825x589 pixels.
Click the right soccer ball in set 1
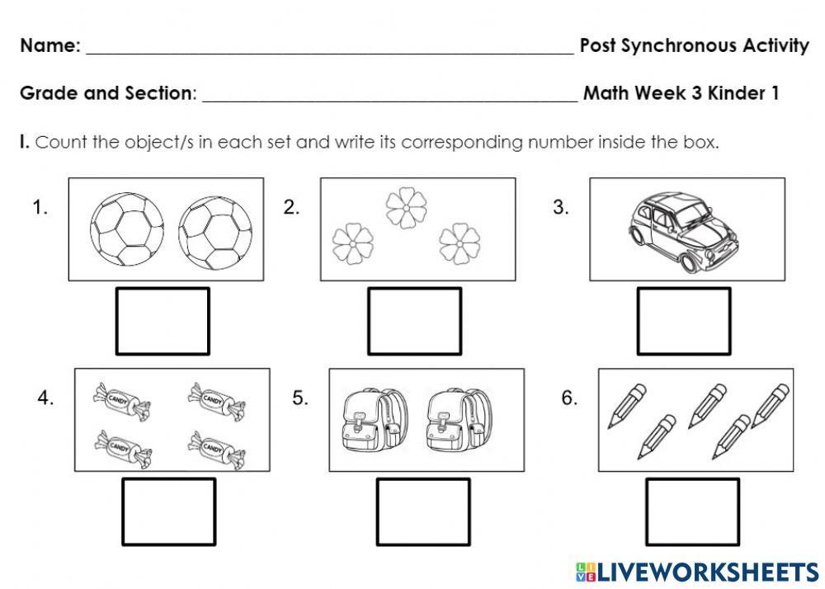pyautogui.click(x=215, y=229)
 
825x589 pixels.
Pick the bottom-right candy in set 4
pyautogui.click(x=216, y=448)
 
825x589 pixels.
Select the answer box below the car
pyautogui.click(x=681, y=321)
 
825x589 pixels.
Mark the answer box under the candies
pyautogui.click(x=168, y=511)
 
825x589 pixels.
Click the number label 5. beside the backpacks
pyautogui.click(x=300, y=398)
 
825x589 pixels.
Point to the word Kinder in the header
pyautogui.click(x=738, y=93)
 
